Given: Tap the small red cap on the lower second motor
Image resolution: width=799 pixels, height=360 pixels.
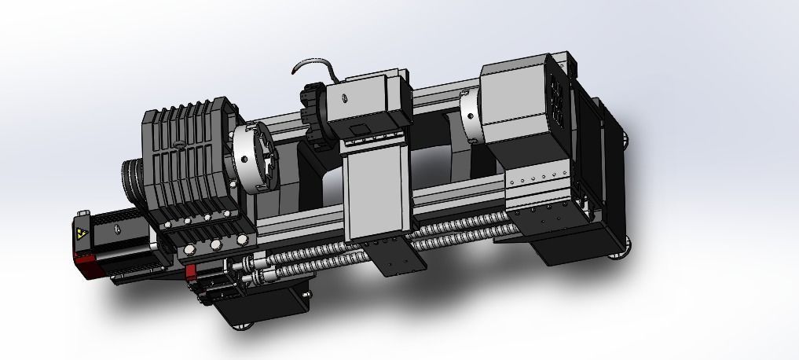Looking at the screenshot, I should tap(191, 272).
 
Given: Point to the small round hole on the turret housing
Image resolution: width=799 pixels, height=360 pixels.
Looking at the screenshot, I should tap(343, 98).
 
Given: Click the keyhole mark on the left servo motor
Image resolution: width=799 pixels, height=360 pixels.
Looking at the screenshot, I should tap(115, 230).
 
